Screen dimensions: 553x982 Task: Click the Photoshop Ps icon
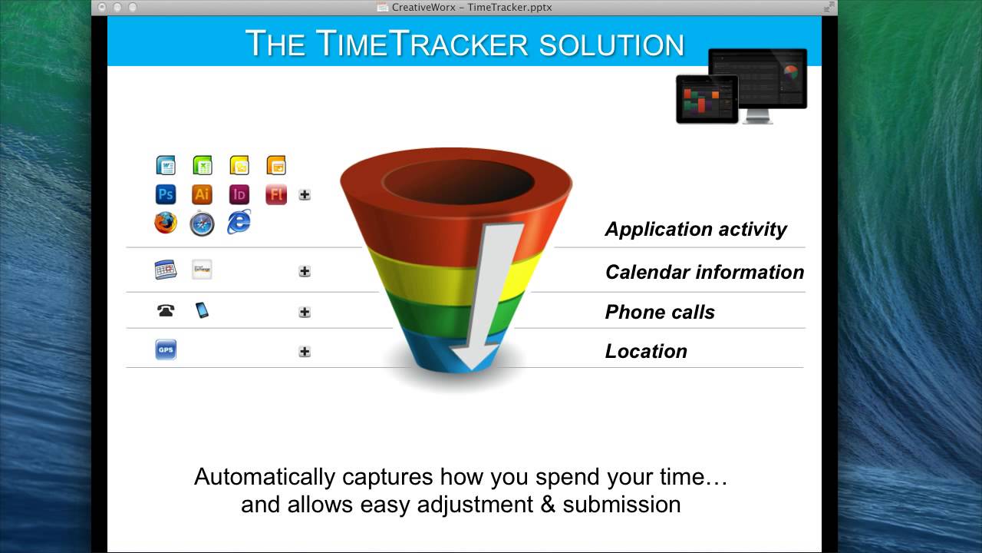click(166, 194)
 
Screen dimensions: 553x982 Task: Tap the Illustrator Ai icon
click(202, 194)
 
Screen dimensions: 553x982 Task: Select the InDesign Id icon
click(239, 194)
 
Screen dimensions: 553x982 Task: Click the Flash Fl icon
click(276, 194)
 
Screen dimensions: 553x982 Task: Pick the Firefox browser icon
click(166, 223)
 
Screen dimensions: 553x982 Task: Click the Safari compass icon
click(202, 224)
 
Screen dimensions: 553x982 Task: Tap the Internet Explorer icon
click(239, 222)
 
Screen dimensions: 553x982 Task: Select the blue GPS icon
click(166, 349)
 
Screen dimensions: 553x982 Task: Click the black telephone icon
click(166, 310)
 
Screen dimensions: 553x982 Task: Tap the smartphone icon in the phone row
click(202, 310)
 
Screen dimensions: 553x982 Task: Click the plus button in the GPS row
click(305, 352)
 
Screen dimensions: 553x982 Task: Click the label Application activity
click(695, 230)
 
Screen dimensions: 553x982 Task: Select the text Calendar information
click(704, 272)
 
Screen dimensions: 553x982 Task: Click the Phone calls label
click(659, 312)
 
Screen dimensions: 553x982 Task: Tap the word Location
click(645, 351)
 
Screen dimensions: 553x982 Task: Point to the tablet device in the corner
click(707, 99)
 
